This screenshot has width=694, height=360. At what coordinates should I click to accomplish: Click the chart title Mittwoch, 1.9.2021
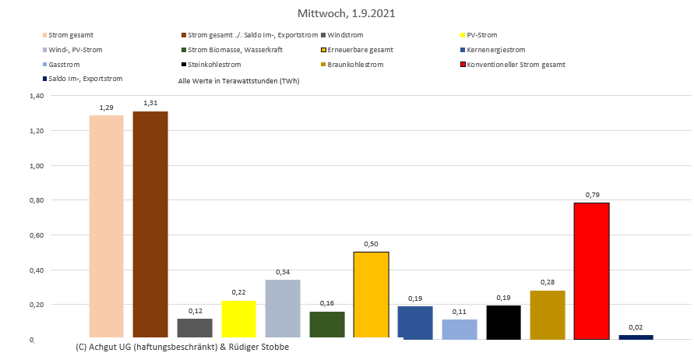[x=347, y=14]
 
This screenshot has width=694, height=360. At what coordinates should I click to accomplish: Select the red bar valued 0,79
[x=591, y=270]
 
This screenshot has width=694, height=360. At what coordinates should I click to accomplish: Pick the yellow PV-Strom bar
[x=238, y=319]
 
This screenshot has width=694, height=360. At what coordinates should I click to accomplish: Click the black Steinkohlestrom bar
[x=503, y=322]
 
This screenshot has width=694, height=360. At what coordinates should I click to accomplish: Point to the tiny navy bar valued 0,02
[x=636, y=337]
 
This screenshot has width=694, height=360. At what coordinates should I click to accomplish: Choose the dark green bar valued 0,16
[x=326, y=325]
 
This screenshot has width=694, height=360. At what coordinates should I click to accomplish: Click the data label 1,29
[x=106, y=107]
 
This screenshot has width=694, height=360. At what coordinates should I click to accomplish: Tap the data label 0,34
[x=283, y=272]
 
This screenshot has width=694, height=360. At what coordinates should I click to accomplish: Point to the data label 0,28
[x=548, y=283]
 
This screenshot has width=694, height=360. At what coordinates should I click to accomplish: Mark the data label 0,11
[x=459, y=312]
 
